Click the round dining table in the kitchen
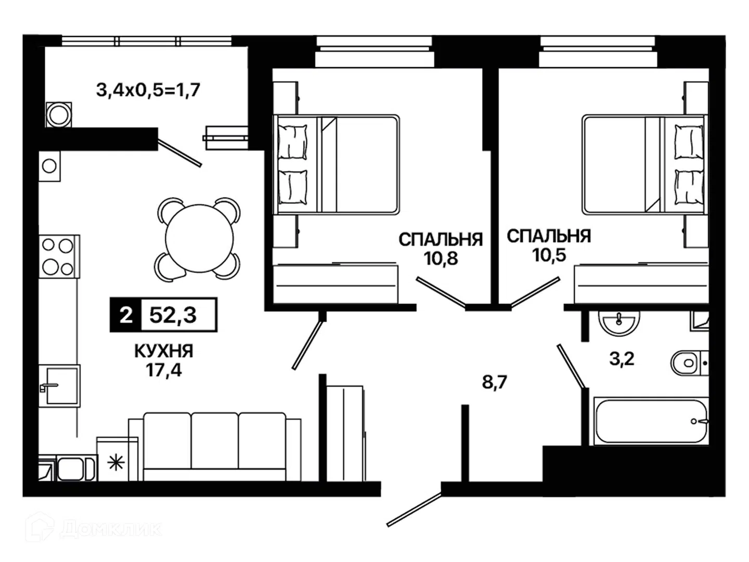point(200,238)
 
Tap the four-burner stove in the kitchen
point(59,256)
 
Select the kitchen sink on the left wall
point(59,386)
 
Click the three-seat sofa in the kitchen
point(215,447)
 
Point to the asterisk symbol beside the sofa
point(115,463)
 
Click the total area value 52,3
point(173,315)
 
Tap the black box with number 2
point(125,315)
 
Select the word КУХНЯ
point(164,351)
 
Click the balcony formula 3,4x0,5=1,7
point(148,90)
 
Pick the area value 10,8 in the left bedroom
point(441,258)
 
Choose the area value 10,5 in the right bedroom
point(549,254)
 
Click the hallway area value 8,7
point(495,382)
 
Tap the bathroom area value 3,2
point(622,359)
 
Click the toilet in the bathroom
point(689,363)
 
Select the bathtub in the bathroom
point(651,421)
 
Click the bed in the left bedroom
point(337,164)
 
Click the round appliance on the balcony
point(59,114)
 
